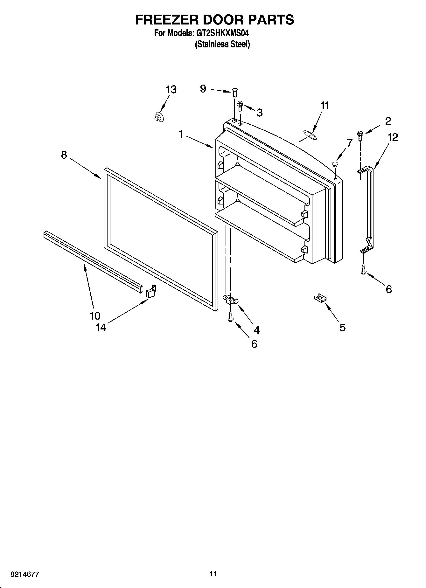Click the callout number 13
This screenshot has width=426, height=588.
(171, 90)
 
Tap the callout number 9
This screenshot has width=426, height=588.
(203, 88)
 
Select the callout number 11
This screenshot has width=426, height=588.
(325, 106)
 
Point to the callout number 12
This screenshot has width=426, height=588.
(392, 137)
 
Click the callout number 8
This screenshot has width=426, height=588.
(64, 155)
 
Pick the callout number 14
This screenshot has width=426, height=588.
(101, 328)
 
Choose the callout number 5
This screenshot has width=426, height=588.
(342, 327)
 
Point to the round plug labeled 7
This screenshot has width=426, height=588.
(335, 164)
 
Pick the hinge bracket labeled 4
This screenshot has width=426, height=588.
(231, 299)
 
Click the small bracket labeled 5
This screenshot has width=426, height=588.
(320, 298)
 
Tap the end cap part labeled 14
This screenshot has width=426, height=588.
(151, 291)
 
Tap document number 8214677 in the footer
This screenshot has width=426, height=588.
(25, 574)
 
